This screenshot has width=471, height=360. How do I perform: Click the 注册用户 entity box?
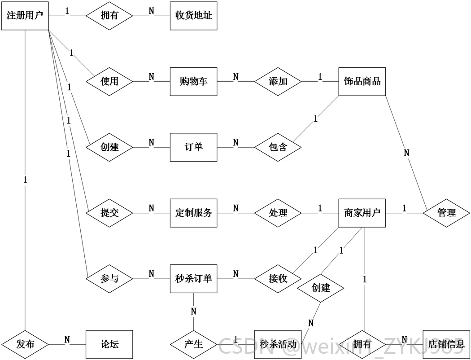point(25,16)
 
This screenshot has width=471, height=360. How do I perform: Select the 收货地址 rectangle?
point(193,16)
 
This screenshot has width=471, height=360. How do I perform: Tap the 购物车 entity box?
point(193,81)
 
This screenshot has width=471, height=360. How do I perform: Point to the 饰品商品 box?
point(362,81)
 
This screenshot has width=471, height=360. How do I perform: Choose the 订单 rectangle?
point(193,147)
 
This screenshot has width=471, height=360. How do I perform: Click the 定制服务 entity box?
point(193,213)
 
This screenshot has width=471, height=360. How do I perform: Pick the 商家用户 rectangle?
point(362,213)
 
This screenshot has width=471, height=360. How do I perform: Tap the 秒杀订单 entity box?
point(193,279)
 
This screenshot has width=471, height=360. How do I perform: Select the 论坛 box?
point(109,344)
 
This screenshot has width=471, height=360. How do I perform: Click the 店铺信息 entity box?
point(446,344)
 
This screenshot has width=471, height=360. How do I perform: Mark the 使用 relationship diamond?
point(109,81)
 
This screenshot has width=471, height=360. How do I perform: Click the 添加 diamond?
point(278,81)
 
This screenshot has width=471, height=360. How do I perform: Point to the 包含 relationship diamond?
point(278,147)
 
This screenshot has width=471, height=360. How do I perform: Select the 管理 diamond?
point(446,213)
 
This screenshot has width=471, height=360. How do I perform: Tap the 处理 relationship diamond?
point(278,213)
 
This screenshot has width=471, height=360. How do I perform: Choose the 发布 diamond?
point(25,344)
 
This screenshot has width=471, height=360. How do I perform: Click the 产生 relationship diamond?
point(193,344)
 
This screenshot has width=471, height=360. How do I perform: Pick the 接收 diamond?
point(278,279)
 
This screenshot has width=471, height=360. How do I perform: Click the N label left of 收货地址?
point(152,11)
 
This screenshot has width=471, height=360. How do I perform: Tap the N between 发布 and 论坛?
point(67,340)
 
